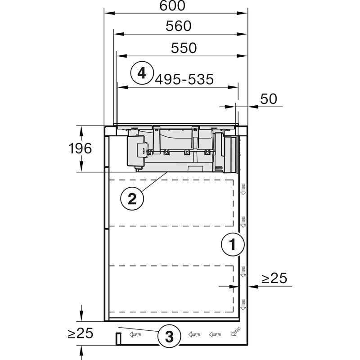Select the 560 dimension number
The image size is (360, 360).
(x=178, y=26)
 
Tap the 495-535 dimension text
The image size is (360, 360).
(x=184, y=79)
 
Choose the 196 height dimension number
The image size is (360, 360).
(x=80, y=148)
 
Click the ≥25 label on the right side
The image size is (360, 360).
(x=274, y=279)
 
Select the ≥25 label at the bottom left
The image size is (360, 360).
(x=80, y=333)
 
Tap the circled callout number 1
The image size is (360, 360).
(x=233, y=245)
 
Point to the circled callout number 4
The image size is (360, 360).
(x=142, y=72)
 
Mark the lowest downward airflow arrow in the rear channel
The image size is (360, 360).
(x=243, y=304)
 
